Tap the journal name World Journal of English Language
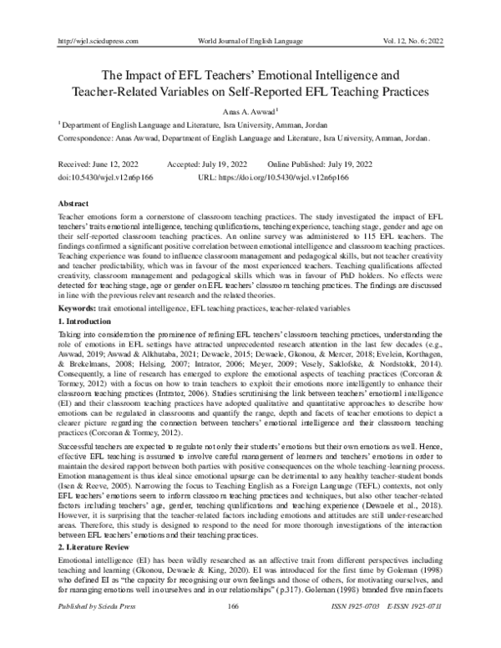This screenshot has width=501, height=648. click(x=251, y=17)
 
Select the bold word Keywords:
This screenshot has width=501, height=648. click(x=75, y=309)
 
